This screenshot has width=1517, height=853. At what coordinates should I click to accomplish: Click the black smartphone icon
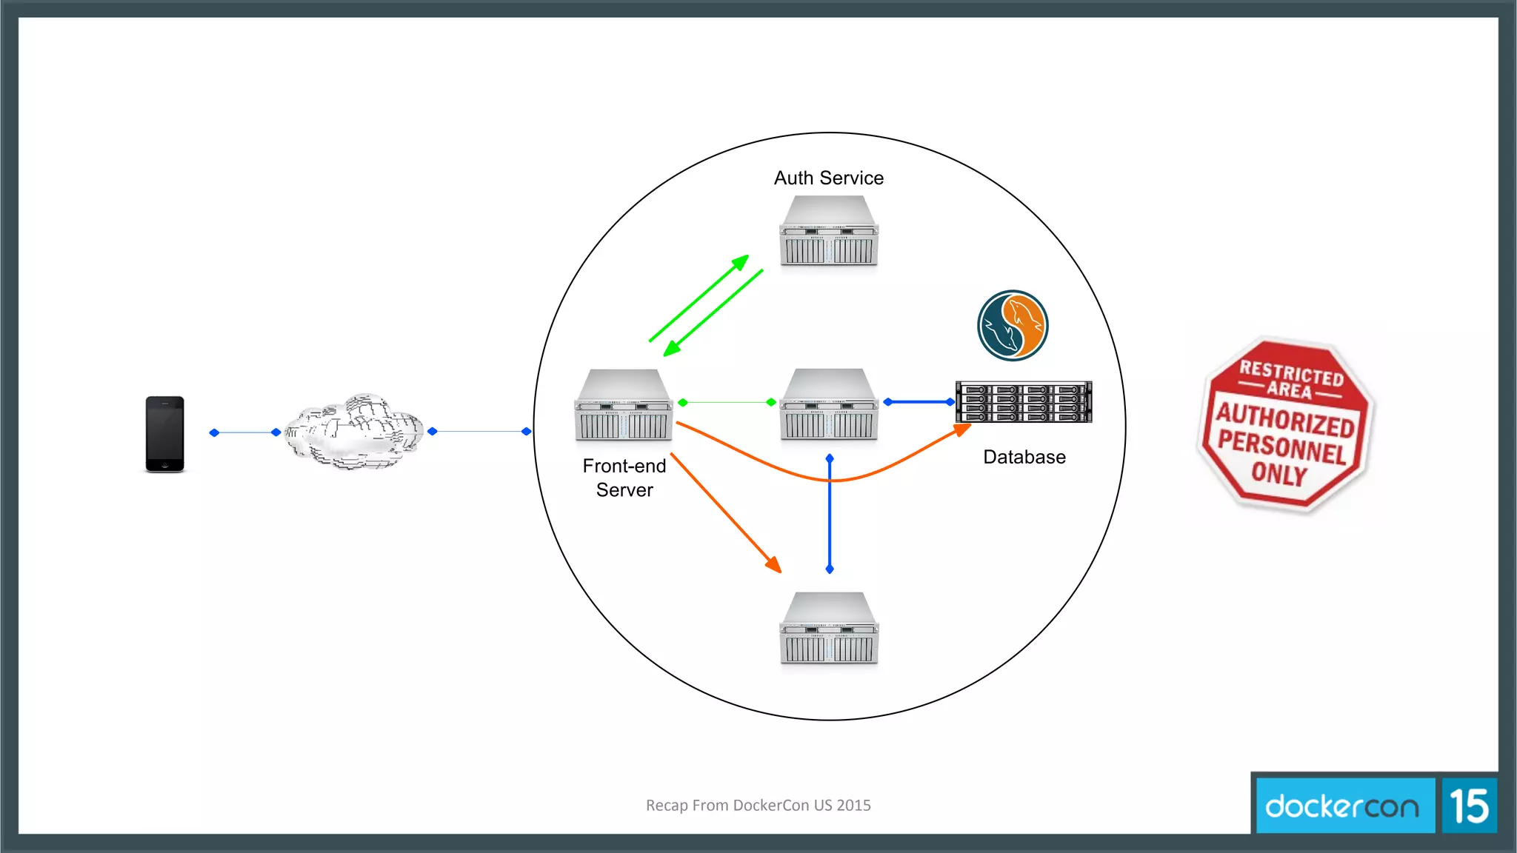click(x=164, y=434)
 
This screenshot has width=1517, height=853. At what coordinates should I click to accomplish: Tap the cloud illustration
click(x=354, y=432)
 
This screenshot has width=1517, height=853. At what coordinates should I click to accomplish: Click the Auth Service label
click(x=828, y=178)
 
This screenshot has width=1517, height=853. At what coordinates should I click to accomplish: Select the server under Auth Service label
click(x=829, y=230)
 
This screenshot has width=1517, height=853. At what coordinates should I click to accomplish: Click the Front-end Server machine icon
click(x=624, y=405)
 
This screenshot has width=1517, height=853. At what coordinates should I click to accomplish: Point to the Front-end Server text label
click(x=624, y=478)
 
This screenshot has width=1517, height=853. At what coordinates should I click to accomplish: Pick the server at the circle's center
click(x=829, y=404)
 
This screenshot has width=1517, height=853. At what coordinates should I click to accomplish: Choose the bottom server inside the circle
click(x=829, y=628)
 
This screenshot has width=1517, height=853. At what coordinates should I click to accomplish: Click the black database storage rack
click(x=1024, y=402)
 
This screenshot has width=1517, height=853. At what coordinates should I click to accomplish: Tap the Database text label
click(x=1024, y=457)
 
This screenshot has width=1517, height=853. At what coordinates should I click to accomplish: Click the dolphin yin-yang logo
click(x=1012, y=325)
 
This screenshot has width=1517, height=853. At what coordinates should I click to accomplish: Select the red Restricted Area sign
click(x=1285, y=424)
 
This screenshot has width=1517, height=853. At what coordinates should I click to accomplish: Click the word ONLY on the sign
click(x=1279, y=474)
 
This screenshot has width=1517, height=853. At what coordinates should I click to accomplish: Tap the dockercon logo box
click(x=1342, y=806)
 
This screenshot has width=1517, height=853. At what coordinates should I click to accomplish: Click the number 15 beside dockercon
click(x=1469, y=806)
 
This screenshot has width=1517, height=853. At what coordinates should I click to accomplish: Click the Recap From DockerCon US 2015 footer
click(x=758, y=805)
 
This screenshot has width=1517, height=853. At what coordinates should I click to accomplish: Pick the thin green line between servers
click(x=727, y=402)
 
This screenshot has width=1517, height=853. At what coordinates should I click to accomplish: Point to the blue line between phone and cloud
click(x=244, y=432)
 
